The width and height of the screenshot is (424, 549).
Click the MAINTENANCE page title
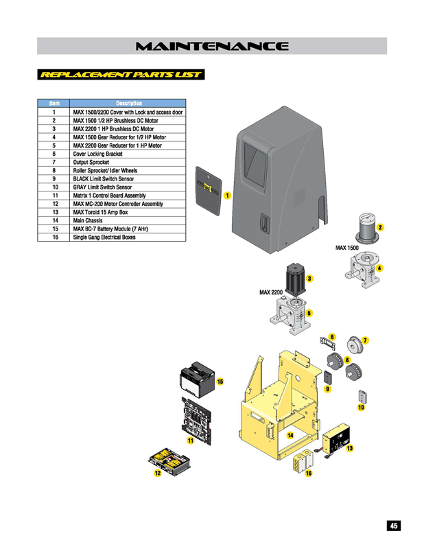[x=212, y=47]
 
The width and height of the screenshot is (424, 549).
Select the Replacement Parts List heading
[x=121, y=74]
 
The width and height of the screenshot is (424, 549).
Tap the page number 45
[x=393, y=526]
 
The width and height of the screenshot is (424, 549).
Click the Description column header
[x=129, y=103]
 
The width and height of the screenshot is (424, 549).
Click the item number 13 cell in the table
[x=54, y=212]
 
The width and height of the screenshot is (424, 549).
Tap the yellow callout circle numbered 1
[x=227, y=196]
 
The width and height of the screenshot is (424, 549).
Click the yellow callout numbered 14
[x=290, y=435]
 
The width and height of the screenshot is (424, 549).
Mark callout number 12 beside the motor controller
[x=157, y=474]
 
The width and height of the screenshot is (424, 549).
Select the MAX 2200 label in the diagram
[x=271, y=293]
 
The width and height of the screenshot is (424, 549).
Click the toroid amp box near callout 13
[x=335, y=439]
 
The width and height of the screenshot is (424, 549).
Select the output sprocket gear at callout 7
[x=355, y=344]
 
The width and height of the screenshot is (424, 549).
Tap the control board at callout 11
[x=198, y=418]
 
